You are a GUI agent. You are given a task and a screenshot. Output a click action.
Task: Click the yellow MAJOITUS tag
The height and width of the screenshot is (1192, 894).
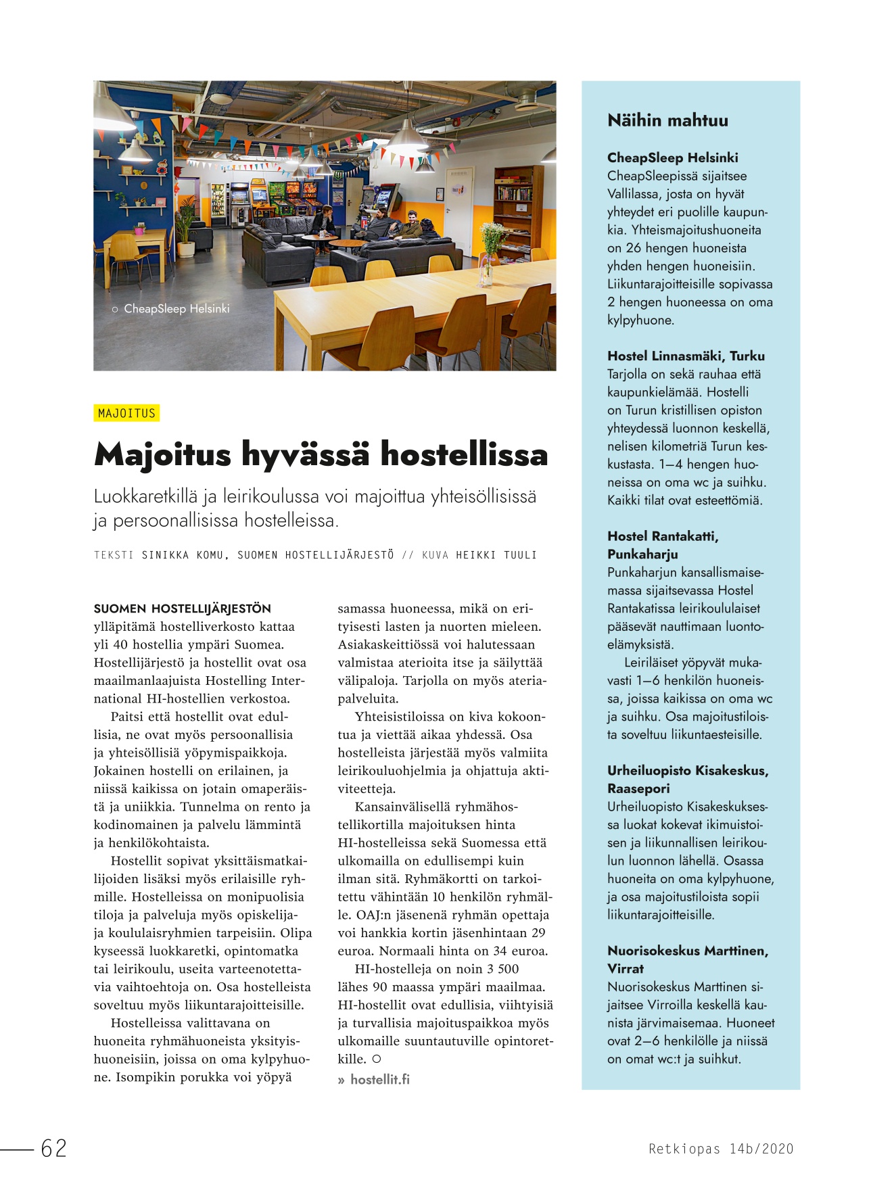click(126, 413)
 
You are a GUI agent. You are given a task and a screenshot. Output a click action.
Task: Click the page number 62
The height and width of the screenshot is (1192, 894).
click(54, 1148)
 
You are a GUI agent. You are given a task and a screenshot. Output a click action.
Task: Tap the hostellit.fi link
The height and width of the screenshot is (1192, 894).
click(379, 1079)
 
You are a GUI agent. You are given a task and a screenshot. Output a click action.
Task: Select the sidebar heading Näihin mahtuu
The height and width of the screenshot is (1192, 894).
click(667, 120)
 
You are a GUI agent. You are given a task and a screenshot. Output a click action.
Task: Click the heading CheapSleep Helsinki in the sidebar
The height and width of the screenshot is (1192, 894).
click(672, 158)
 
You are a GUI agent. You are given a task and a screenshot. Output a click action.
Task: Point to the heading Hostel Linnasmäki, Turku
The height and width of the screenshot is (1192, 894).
click(686, 356)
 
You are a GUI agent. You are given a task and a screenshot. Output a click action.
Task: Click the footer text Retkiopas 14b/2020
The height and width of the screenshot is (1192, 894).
click(721, 1148)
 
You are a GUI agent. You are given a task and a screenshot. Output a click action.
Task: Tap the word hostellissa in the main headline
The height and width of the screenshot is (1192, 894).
click(464, 454)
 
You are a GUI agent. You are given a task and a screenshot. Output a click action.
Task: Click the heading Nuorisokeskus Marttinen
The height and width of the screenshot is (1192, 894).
click(687, 951)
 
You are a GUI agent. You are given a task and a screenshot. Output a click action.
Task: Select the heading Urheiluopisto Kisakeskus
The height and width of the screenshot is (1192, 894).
click(687, 771)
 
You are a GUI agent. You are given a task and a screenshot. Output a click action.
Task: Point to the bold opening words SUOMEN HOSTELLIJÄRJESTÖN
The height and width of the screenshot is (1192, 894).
click(182, 609)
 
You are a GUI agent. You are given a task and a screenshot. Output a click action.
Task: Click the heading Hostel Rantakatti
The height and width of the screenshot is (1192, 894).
click(662, 536)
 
